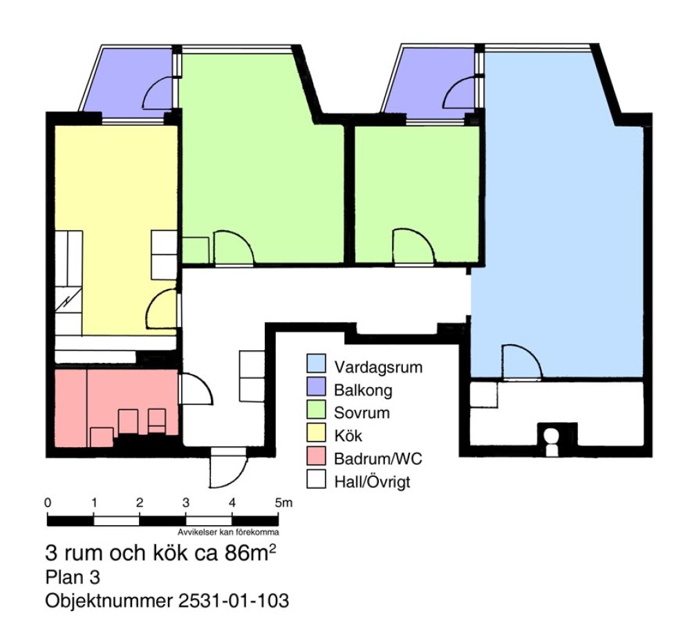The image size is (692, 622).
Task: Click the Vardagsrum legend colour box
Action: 316,364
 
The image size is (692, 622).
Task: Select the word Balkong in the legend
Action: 363,390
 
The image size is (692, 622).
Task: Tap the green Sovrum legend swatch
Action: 316,409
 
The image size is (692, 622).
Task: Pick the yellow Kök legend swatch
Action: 316,433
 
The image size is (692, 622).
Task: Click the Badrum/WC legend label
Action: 377,459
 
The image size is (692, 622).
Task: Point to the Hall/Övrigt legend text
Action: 372,482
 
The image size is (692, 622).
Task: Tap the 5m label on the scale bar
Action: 283,502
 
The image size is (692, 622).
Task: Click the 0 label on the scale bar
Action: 48,502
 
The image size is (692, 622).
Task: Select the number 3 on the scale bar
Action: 186,502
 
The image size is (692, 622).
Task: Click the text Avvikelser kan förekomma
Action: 228,532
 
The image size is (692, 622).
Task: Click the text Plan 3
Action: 73,578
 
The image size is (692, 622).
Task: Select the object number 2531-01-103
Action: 234,601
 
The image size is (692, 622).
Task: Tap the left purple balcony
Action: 128,82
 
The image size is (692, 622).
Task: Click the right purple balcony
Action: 430,82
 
